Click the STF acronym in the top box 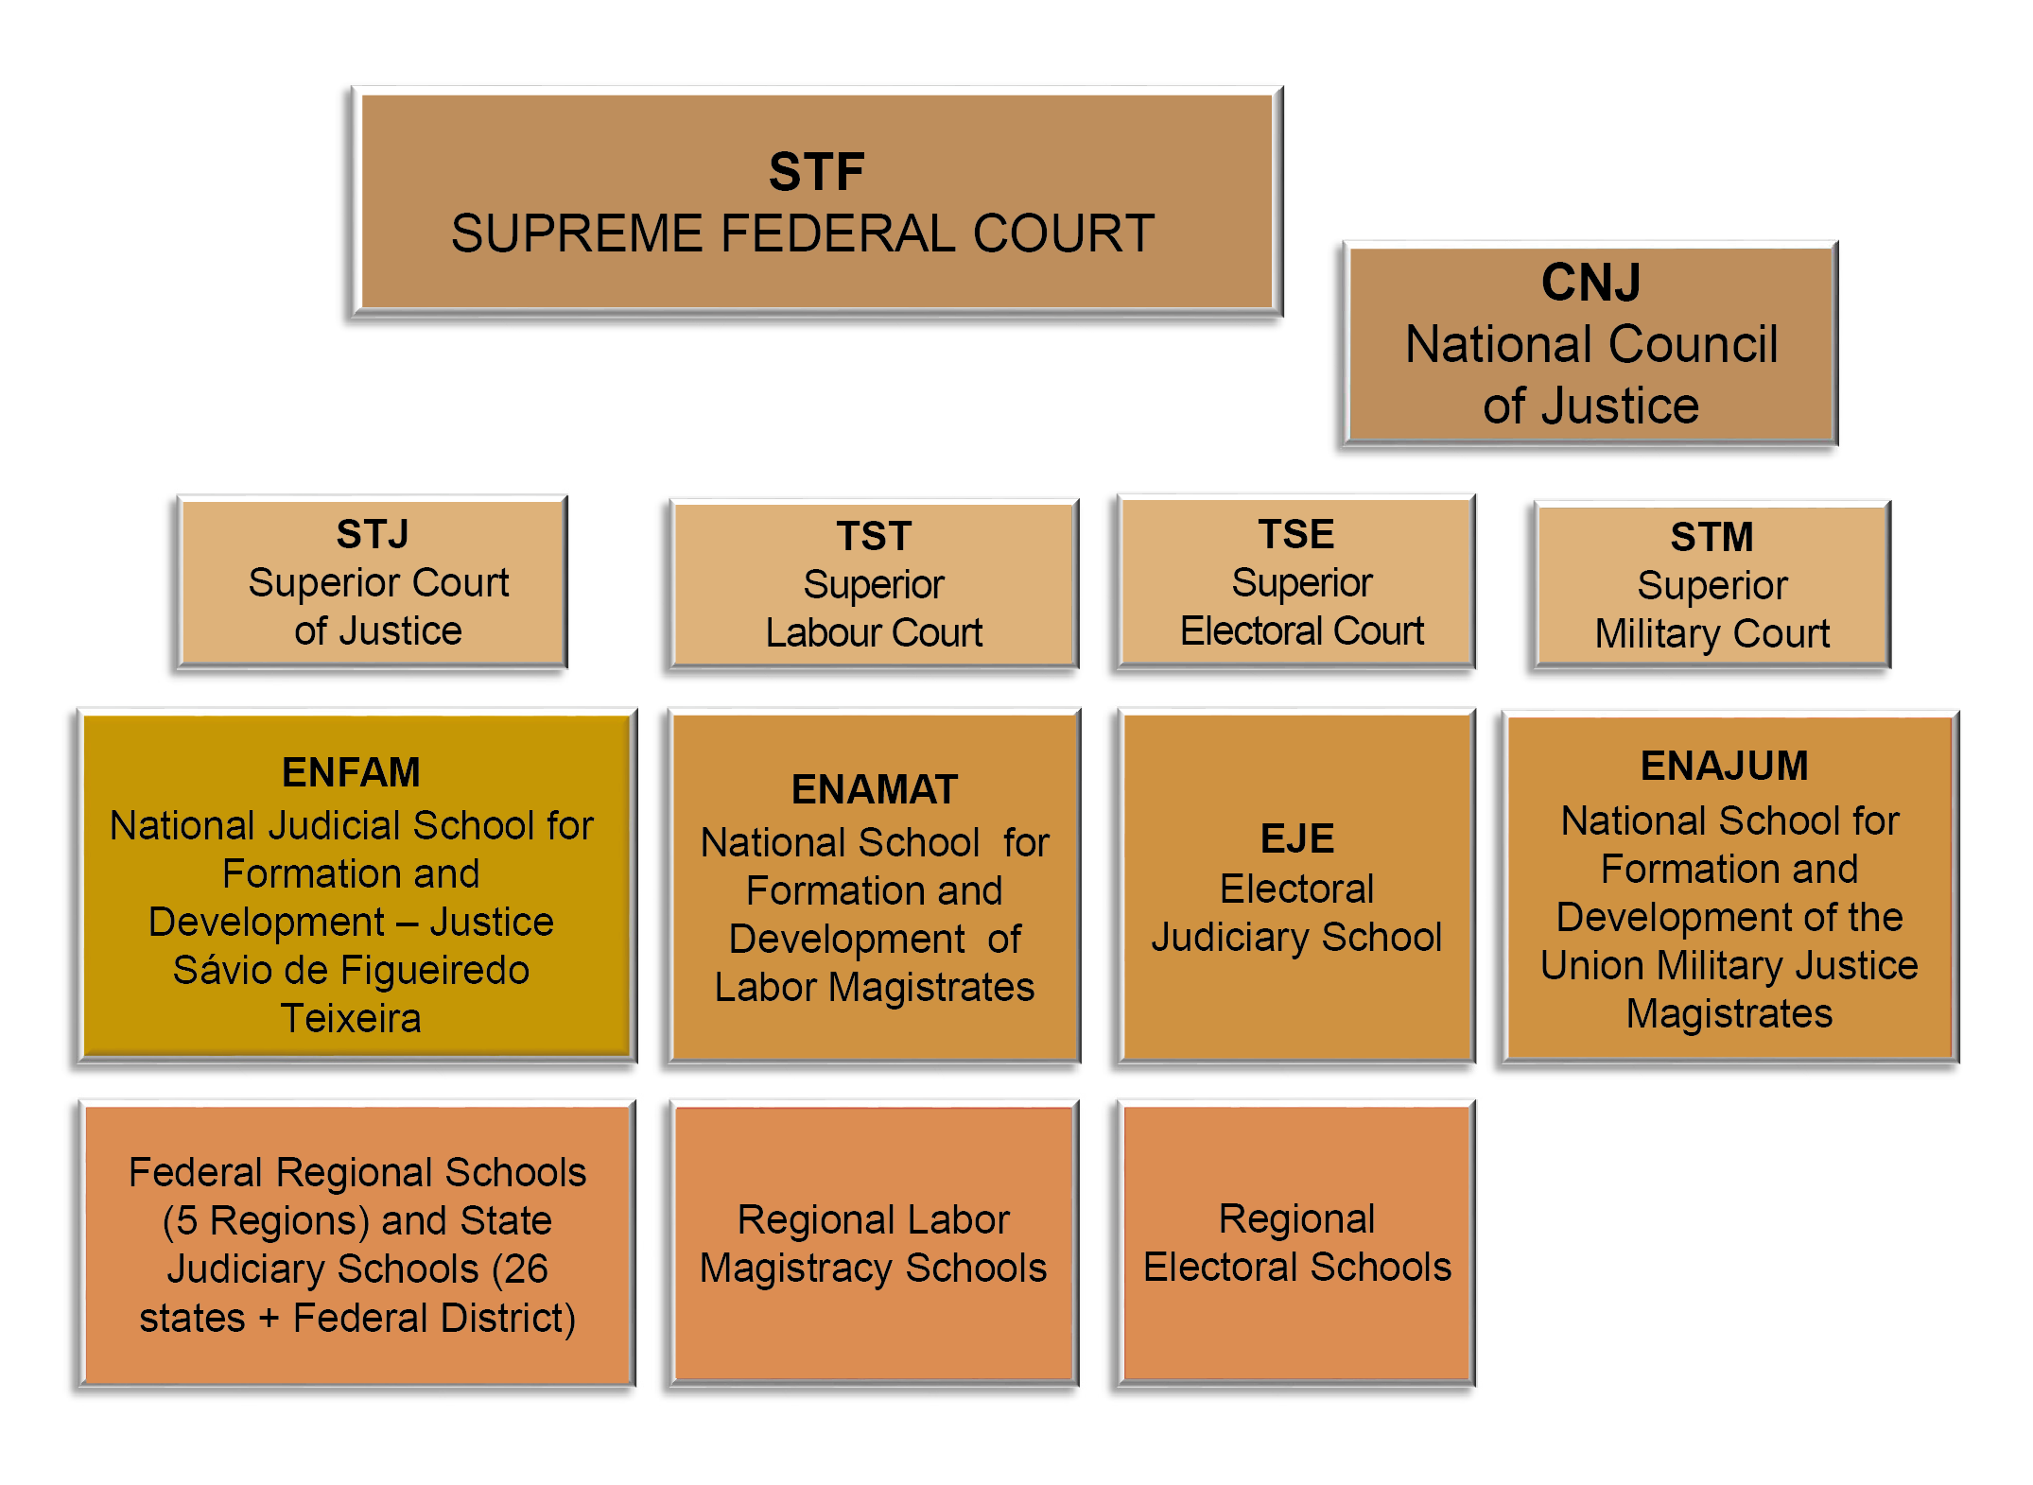(x=816, y=172)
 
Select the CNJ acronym (x=1590, y=282)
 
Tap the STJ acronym (x=373, y=534)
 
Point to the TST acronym (x=874, y=536)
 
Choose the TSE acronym (x=1295, y=534)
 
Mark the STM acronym (x=1712, y=537)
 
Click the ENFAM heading (x=351, y=772)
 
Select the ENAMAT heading (x=875, y=789)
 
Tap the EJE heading (x=1297, y=838)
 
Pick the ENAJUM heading (x=1725, y=766)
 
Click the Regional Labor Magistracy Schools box (x=874, y=1243)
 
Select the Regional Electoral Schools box (x=1296, y=1243)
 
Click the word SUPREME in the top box (x=577, y=233)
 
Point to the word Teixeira (x=351, y=1018)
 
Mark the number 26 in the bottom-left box (x=526, y=1269)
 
